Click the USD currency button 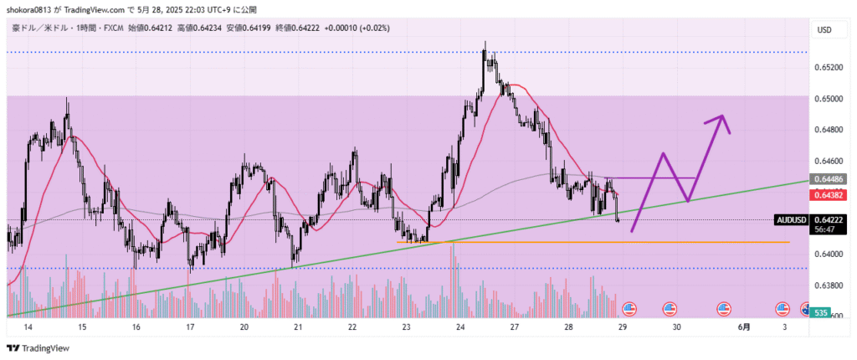coord(824,30)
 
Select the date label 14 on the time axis coord(28,327)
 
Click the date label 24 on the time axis coord(460,327)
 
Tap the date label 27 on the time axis coord(514,327)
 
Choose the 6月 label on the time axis coord(745,327)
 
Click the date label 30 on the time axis coord(676,327)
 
